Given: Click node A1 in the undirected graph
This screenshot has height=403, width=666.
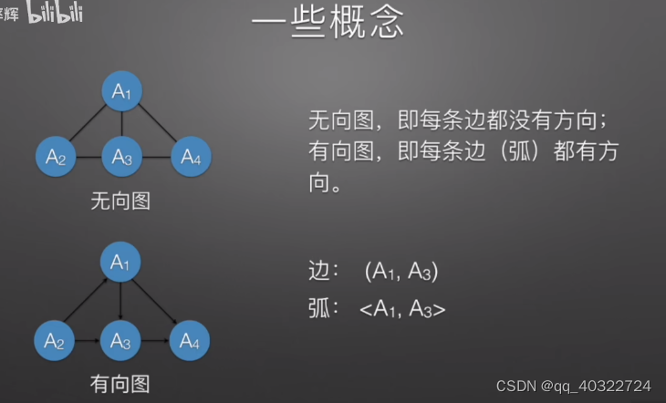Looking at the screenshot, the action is tap(122, 92).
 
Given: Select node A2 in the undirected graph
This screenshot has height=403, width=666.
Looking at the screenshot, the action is tap(55, 156).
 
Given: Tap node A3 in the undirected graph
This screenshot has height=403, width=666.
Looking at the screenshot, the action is tap(122, 156).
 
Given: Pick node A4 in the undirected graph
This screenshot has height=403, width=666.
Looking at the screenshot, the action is tap(190, 156).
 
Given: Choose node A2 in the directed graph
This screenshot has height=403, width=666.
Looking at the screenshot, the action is tap(55, 342).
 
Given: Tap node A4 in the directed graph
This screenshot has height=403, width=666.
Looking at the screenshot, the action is tap(190, 342).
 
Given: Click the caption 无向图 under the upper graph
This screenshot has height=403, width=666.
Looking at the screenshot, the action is tap(120, 201).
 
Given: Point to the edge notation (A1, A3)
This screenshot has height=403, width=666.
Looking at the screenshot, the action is tap(401, 271).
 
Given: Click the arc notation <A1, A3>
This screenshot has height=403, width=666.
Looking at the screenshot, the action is tap(402, 309).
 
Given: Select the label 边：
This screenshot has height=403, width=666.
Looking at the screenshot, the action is tap(325, 271).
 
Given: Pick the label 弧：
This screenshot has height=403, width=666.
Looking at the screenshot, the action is tap(325, 309).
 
